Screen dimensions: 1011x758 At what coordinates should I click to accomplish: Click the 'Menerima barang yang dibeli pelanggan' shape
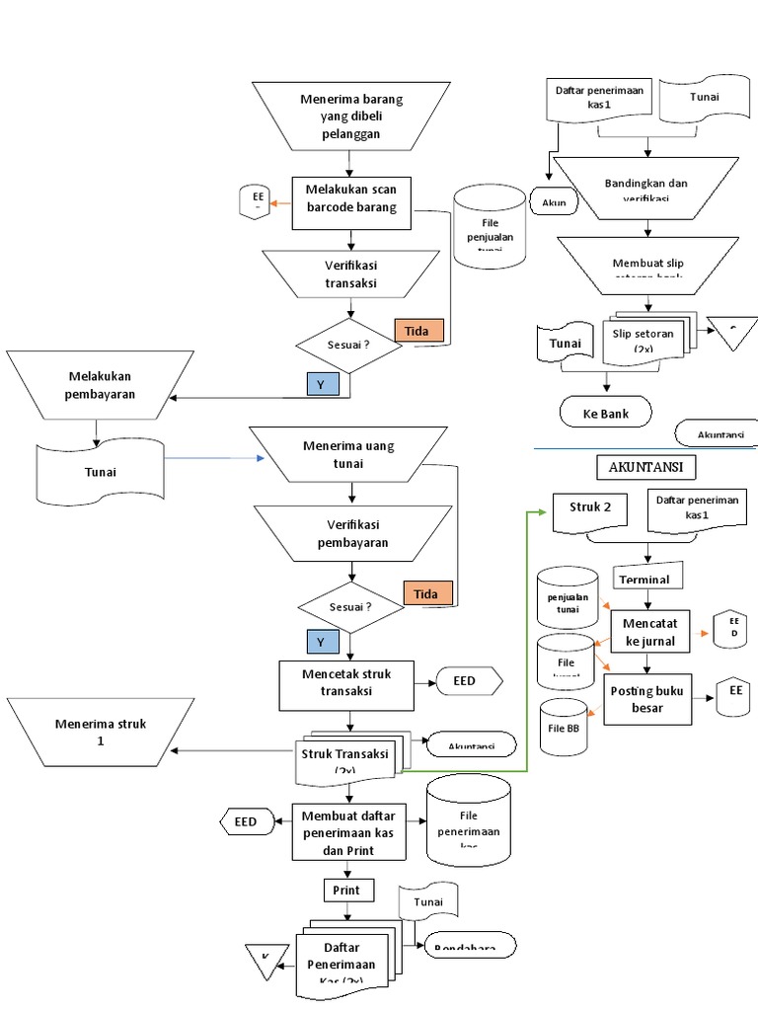click(x=352, y=117)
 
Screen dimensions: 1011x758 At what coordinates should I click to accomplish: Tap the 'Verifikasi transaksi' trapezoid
click(x=351, y=273)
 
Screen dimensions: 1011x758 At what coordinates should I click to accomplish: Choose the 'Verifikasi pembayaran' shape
click(x=352, y=533)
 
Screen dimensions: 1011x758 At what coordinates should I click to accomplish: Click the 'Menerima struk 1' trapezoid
click(x=101, y=733)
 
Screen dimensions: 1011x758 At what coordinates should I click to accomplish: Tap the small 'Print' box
click(x=347, y=891)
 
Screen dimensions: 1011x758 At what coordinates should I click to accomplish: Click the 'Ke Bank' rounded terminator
click(x=606, y=413)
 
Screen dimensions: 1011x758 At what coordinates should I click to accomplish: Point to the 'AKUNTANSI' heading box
click(x=645, y=466)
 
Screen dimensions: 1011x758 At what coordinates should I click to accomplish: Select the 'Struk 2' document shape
click(x=591, y=510)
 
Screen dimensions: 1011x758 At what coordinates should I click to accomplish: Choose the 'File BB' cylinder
click(x=568, y=728)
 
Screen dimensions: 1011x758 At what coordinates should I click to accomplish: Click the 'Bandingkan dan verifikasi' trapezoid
click(x=645, y=189)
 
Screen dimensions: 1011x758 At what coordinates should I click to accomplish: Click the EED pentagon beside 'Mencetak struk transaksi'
click(x=469, y=681)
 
